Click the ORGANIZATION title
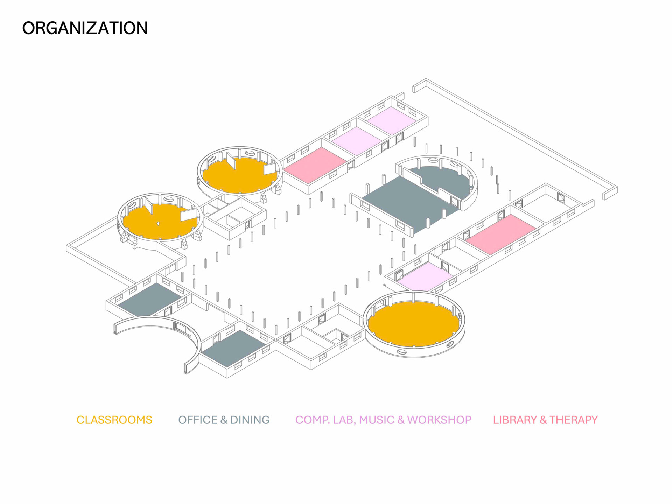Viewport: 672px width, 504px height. coord(85,28)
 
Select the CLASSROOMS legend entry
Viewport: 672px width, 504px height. coord(114,420)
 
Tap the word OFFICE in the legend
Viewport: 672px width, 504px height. coord(198,420)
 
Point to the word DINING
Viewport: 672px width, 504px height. coord(250,420)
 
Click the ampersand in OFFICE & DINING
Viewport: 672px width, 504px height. coord(224,420)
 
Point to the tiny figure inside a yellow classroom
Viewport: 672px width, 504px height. coord(158,223)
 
